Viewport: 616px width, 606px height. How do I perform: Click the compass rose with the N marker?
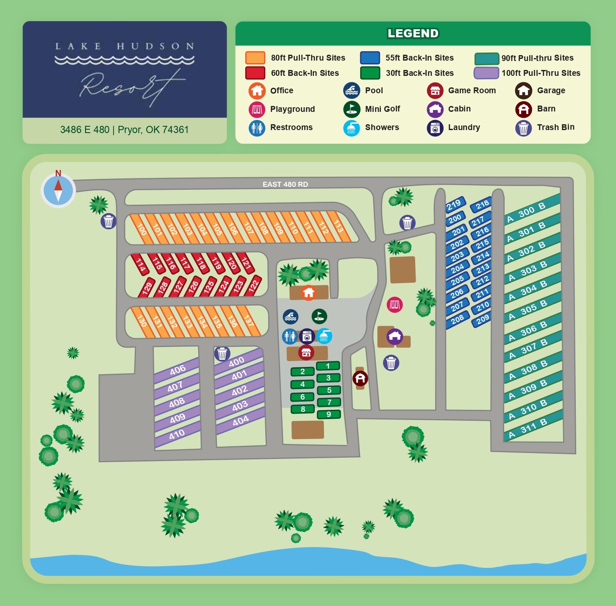click(x=58, y=190)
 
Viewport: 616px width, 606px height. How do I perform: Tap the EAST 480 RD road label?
click(x=285, y=184)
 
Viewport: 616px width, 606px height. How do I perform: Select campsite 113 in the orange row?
click(x=339, y=226)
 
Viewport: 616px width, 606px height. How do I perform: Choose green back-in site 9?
click(x=329, y=414)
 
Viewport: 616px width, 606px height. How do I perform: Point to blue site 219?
click(x=454, y=205)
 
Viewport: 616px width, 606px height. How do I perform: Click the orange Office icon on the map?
click(x=308, y=292)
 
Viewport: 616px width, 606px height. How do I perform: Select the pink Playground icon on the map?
click(x=394, y=304)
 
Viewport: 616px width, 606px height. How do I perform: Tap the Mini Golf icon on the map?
click(x=319, y=316)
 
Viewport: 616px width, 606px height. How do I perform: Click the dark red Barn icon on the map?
click(x=360, y=378)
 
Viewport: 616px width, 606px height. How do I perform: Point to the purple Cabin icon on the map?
click(x=394, y=337)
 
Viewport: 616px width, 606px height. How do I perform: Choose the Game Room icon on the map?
click(x=306, y=352)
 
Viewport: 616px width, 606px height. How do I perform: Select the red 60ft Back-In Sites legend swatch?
click(x=255, y=73)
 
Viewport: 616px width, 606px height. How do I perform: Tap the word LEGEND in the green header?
click(x=413, y=33)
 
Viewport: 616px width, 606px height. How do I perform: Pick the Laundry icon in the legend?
click(x=435, y=128)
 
